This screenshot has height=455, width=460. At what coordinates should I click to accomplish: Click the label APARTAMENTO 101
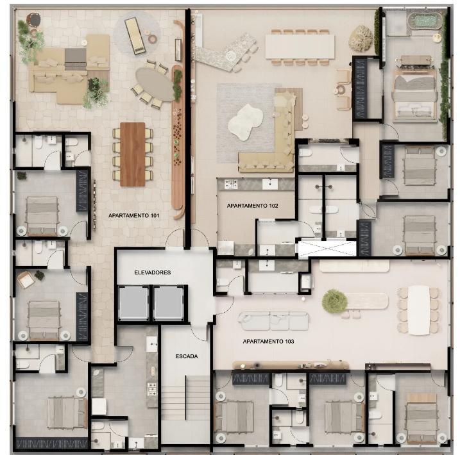click(x=134, y=215)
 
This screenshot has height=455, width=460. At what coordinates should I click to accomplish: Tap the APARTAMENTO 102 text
click(x=252, y=206)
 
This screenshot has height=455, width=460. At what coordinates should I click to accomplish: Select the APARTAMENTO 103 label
click(x=268, y=342)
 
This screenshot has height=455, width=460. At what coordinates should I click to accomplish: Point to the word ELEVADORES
click(x=153, y=272)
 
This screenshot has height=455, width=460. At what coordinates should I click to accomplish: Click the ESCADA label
click(x=187, y=356)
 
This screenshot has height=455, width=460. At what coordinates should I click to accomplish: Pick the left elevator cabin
click(x=133, y=303)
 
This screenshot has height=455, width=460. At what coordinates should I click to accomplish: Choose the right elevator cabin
click(x=168, y=303)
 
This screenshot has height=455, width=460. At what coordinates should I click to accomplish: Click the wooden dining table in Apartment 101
click(x=133, y=154)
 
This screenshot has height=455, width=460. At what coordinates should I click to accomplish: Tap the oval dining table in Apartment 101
click(x=155, y=85)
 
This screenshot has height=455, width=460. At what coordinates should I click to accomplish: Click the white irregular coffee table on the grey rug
click(x=245, y=122)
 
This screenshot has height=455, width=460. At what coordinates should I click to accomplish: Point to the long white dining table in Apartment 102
click(x=300, y=47)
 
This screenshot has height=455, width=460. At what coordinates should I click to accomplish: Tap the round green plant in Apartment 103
click(x=334, y=301)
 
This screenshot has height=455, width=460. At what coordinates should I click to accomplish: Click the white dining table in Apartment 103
click(x=419, y=310)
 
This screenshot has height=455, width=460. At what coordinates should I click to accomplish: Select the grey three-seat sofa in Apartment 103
click(x=273, y=321)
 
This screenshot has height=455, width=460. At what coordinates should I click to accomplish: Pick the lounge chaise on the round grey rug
click(x=135, y=36)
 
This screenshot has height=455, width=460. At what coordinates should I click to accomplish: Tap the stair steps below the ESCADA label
click(x=185, y=398)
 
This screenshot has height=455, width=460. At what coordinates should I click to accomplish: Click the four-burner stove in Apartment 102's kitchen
click(x=231, y=185)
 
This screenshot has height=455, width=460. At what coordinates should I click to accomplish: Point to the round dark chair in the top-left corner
click(x=34, y=21)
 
